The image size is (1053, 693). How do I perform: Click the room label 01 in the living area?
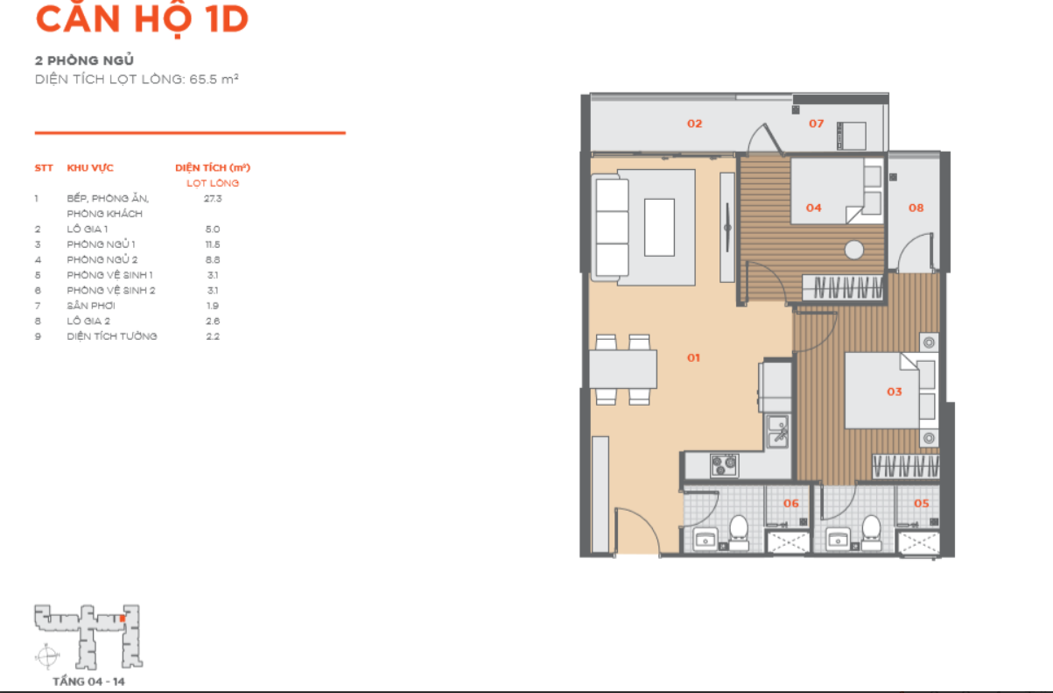(693, 357)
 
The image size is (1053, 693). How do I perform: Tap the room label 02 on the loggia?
(694, 124)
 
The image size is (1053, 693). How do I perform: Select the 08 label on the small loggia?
(916, 208)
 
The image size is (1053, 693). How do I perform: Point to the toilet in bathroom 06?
(739, 533)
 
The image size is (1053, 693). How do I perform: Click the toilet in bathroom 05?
(871, 533)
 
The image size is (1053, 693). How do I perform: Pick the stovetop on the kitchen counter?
(724, 465)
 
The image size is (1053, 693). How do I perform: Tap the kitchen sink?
(777, 431)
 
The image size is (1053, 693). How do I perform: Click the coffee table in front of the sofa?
(659, 227)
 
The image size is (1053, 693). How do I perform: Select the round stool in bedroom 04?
(853, 250)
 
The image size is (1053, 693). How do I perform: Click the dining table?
(623, 370)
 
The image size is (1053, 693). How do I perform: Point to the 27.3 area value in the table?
(213, 199)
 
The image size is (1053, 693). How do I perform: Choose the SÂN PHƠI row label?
(91, 306)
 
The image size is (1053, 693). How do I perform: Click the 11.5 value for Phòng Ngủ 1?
(213, 244)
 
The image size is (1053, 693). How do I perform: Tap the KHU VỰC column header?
(90, 168)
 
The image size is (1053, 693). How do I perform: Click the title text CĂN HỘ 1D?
(142, 18)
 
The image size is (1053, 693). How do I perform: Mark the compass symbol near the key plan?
(47, 655)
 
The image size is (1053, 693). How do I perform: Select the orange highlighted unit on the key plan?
(123, 619)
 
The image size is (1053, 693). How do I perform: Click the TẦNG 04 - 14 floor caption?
(88, 682)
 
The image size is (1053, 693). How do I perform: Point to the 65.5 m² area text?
(214, 79)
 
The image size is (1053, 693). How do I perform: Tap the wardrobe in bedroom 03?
(906, 466)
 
